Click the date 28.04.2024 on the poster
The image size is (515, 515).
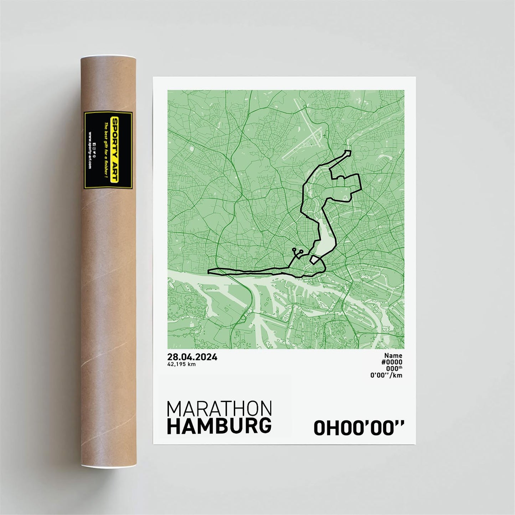(x=192, y=357)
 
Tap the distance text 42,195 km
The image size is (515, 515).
(x=181, y=364)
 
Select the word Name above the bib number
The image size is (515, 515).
(x=393, y=355)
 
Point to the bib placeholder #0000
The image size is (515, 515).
(x=392, y=362)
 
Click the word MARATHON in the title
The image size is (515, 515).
(x=219, y=409)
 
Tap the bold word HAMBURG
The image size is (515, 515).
(x=219, y=426)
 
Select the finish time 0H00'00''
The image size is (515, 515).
(x=359, y=428)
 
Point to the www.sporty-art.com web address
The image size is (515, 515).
(x=89, y=150)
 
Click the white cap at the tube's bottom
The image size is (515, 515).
(x=108, y=466)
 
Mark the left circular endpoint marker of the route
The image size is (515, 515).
(x=294, y=249)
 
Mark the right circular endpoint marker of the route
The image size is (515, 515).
(x=302, y=251)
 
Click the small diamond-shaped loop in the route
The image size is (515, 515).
(x=314, y=259)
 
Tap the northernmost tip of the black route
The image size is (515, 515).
(x=348, y=152)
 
